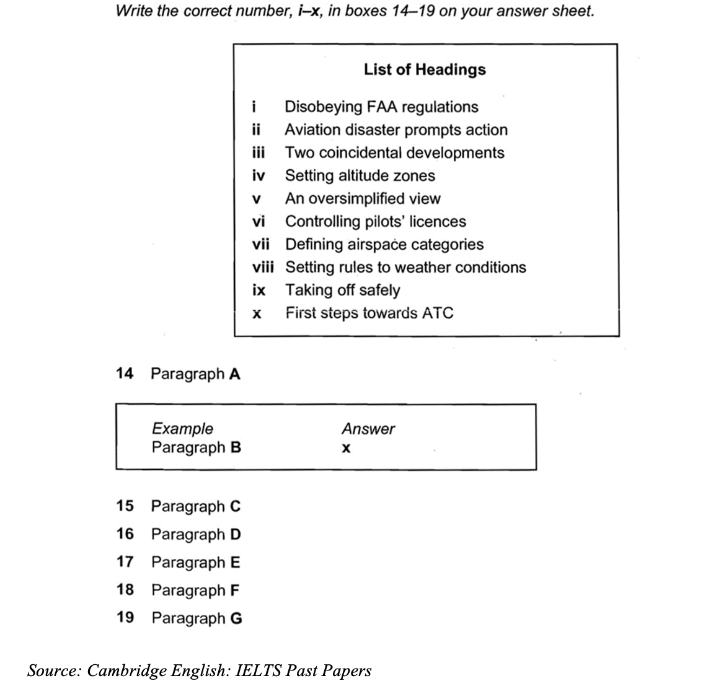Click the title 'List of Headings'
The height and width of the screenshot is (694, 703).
pos(425,69)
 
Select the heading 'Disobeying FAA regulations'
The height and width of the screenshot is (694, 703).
pos(381,107)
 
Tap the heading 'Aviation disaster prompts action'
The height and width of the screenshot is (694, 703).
pos(396,130)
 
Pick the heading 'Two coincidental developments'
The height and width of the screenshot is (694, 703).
pos(394,152)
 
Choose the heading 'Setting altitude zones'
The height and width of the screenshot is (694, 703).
pos(360,175)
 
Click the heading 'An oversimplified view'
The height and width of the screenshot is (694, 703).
pos(363,198)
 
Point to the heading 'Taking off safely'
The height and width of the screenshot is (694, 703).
pos(342,290)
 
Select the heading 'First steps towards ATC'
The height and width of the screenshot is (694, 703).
pos(369,313)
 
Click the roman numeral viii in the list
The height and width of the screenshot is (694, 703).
pos(263,267)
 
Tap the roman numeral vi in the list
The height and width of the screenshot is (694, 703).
pos(259,221)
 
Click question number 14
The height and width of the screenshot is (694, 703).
pos(125,373)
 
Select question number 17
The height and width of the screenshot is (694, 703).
pos(125,562)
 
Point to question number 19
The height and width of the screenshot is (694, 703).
pos(125,617)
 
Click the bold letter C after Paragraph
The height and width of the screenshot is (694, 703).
pos(235,506)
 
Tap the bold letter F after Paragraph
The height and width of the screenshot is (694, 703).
pos(234,590)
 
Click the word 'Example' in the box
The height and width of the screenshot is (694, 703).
pos(182,428)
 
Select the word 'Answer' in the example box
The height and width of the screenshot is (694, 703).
pos(368,428)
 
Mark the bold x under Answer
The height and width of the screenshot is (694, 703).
pos(346,448)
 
